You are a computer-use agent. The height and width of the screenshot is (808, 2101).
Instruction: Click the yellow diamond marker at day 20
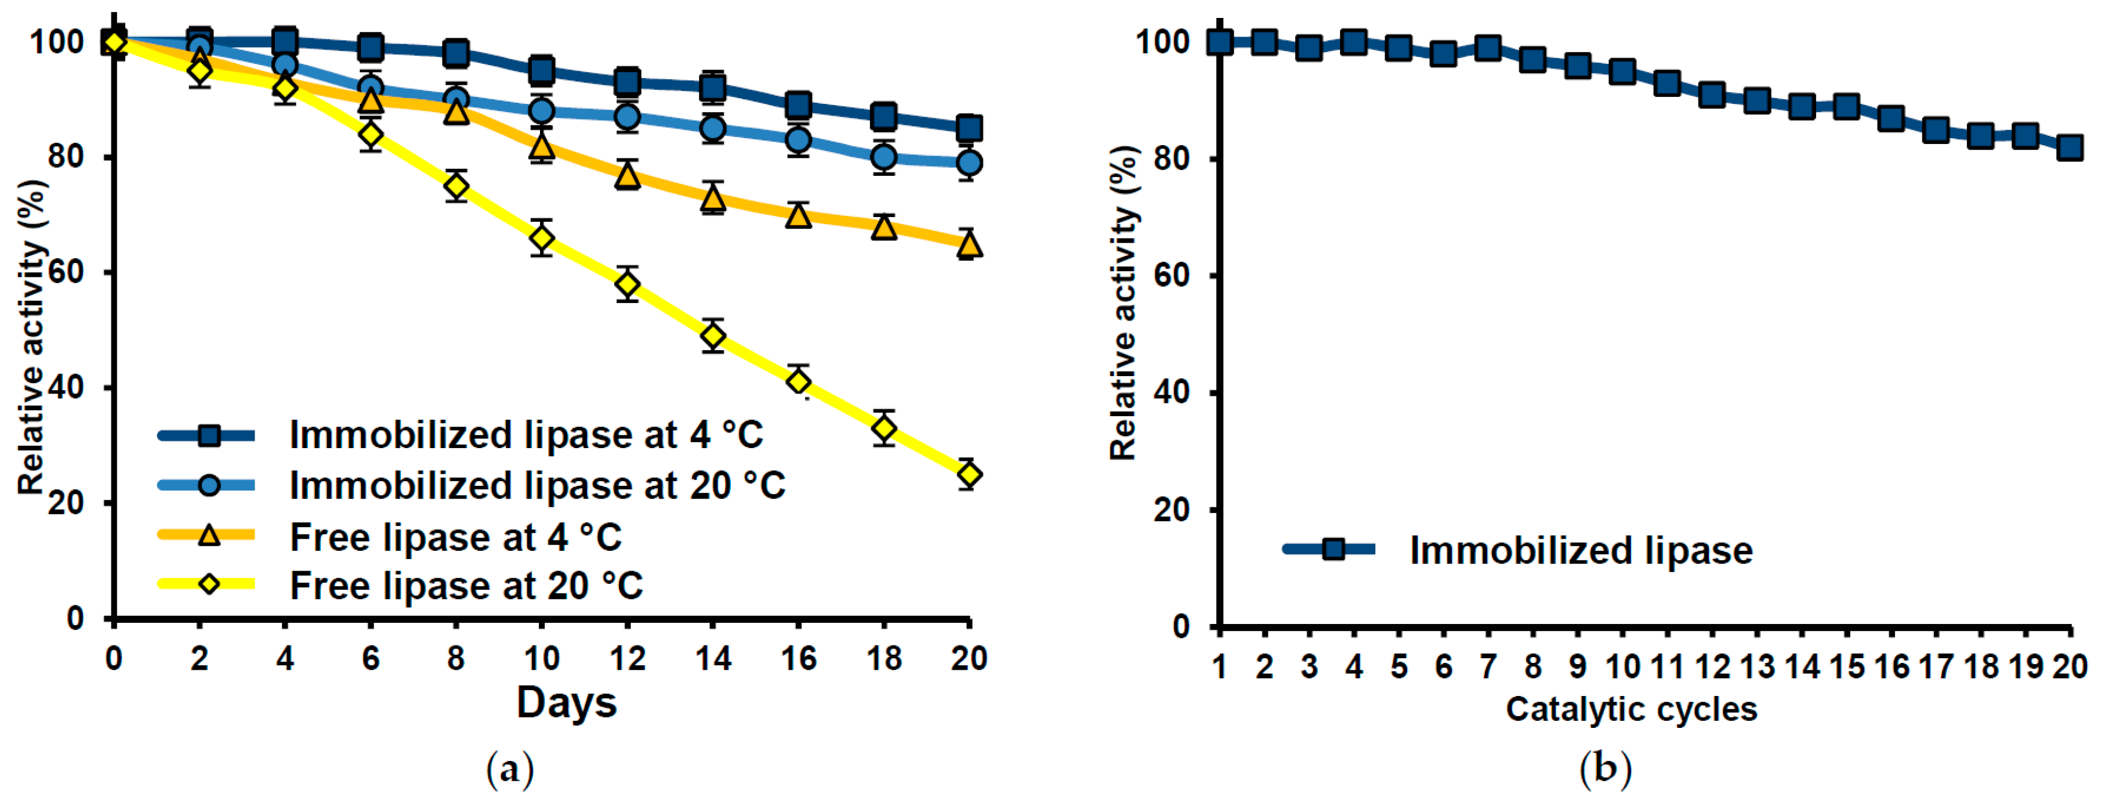point(968,474)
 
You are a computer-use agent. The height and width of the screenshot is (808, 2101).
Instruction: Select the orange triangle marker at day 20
point(968,244)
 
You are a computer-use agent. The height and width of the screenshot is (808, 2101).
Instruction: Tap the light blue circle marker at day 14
point(712,128)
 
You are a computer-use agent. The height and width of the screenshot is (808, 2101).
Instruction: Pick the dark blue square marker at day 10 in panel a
point(541,70)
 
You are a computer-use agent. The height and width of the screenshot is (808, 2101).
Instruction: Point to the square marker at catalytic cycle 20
point(2069,147)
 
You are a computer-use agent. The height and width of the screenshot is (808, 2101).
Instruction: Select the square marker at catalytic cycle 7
point(1488,48)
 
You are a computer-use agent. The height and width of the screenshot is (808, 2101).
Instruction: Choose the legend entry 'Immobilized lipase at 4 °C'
point(526,435)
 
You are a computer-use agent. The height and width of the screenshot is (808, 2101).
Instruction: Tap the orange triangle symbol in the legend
point(209,535)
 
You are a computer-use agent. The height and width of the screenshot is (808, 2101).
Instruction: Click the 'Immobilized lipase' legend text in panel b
point(1581,550)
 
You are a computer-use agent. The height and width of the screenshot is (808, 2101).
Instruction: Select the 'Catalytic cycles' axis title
point(1631,709)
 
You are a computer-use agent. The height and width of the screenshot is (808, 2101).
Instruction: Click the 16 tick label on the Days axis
point(798,658)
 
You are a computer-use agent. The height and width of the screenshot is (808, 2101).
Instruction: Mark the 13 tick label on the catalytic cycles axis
point(1757,667)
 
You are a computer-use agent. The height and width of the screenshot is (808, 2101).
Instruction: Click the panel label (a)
point(510,769)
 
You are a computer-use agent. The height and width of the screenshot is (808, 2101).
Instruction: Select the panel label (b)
point(1605,769)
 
